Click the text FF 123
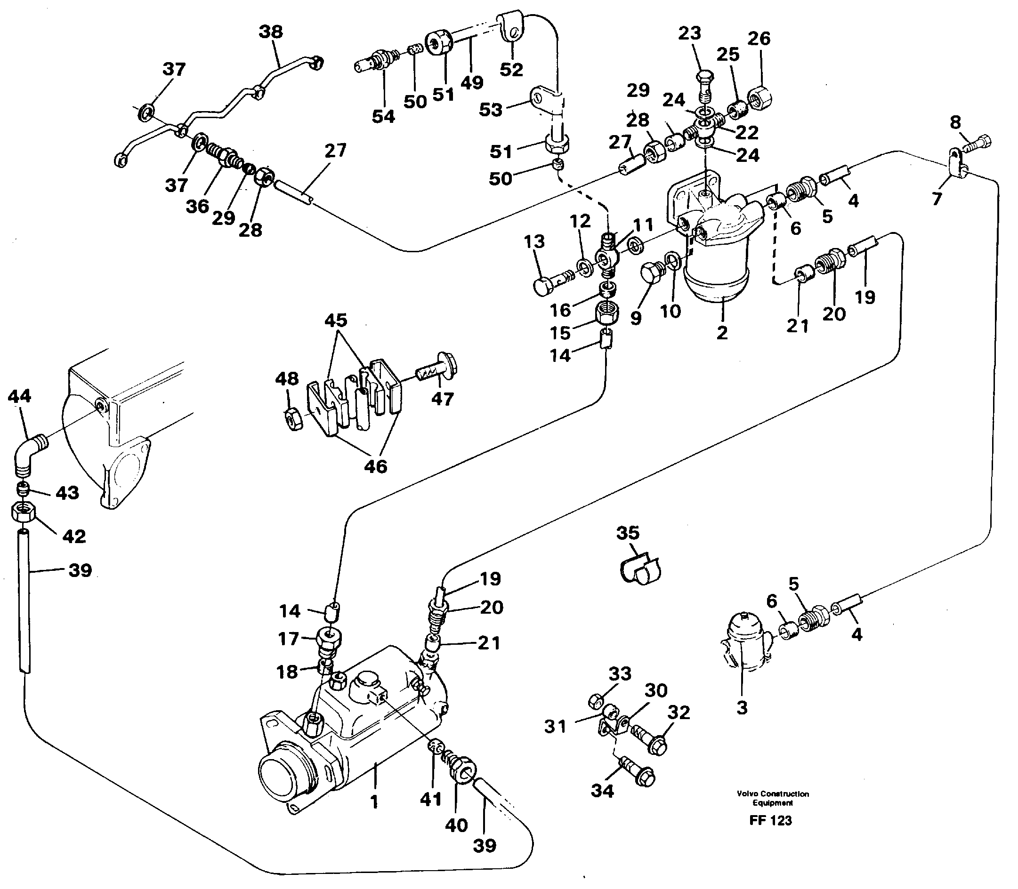(x=770, y=820)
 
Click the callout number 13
(x=534, y=241)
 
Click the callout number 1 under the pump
(x=374, y=801)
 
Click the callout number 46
(x=375, y=466)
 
